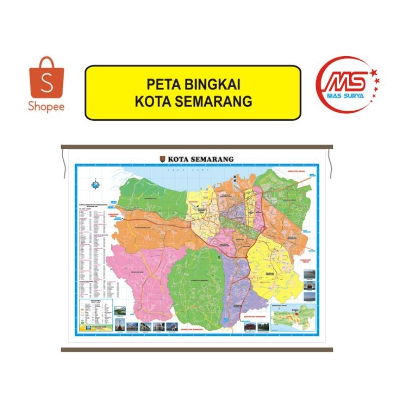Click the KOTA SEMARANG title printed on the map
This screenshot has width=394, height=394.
click(200, 159)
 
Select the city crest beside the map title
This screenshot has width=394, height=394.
click(163, 159)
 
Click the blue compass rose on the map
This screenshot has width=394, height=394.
click(95, 185)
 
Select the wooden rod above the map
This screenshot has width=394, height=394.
click(197, 147)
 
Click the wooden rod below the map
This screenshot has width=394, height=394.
click(197, 350)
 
